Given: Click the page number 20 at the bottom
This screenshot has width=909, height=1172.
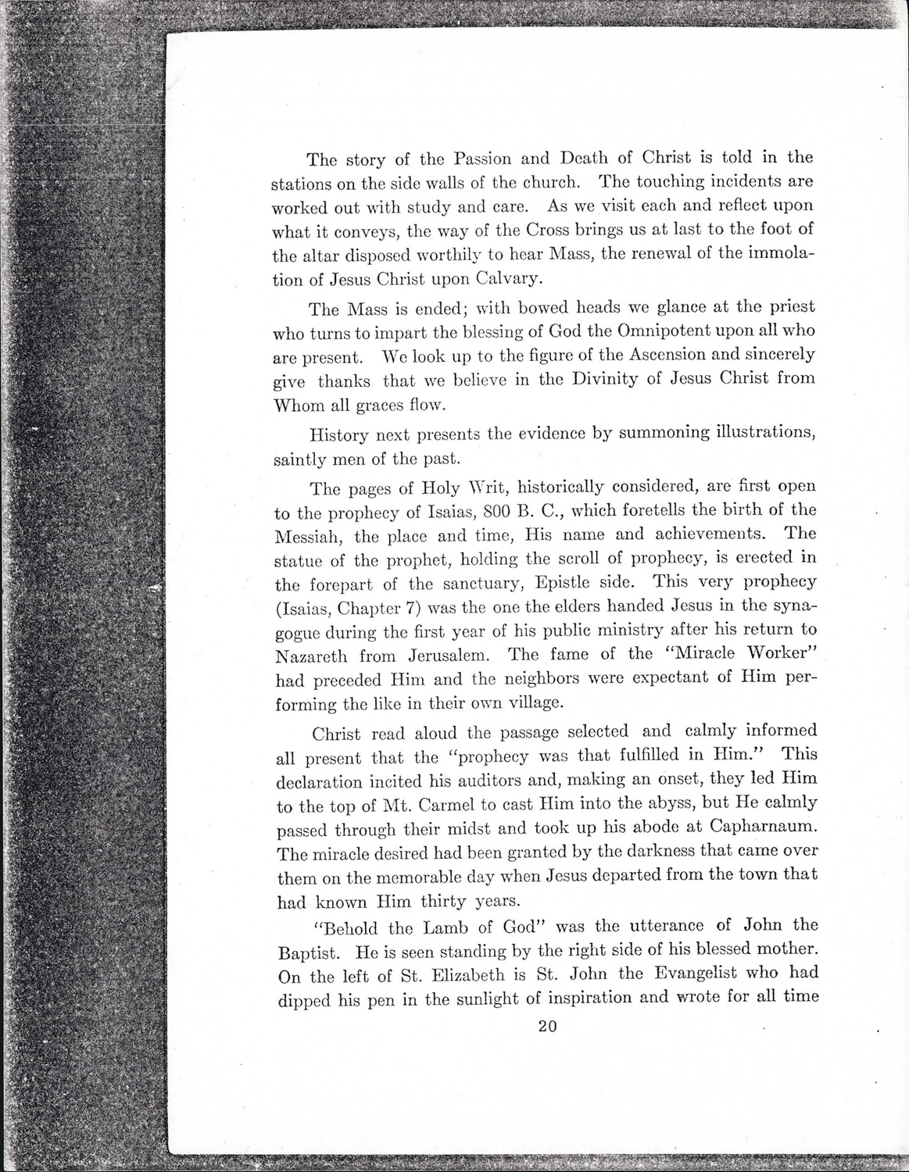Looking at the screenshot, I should [x=546, y=1027].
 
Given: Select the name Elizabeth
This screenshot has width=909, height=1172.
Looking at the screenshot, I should [x=461, y=974].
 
